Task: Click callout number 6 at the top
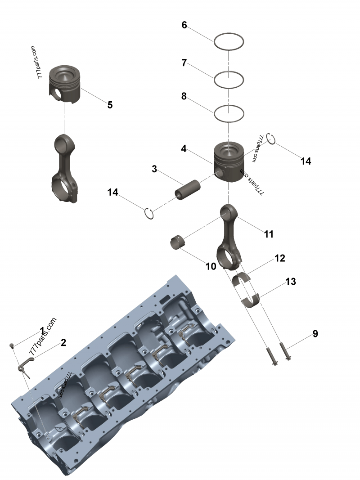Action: pos(184,25)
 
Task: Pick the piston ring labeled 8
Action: pos(229,107)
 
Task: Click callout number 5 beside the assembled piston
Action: pos(110,105)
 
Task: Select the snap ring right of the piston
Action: pos(270,139)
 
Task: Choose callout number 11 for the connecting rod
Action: pos(269,234)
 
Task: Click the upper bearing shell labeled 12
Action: pos(243,279)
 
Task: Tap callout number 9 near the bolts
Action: pos(315,334)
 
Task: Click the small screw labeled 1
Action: pos(13,345)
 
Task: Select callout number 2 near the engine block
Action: pos(63,342)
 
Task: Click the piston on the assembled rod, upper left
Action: pos(65,84)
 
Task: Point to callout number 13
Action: pos(290,282)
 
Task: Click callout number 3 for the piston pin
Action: pos(154,169)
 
